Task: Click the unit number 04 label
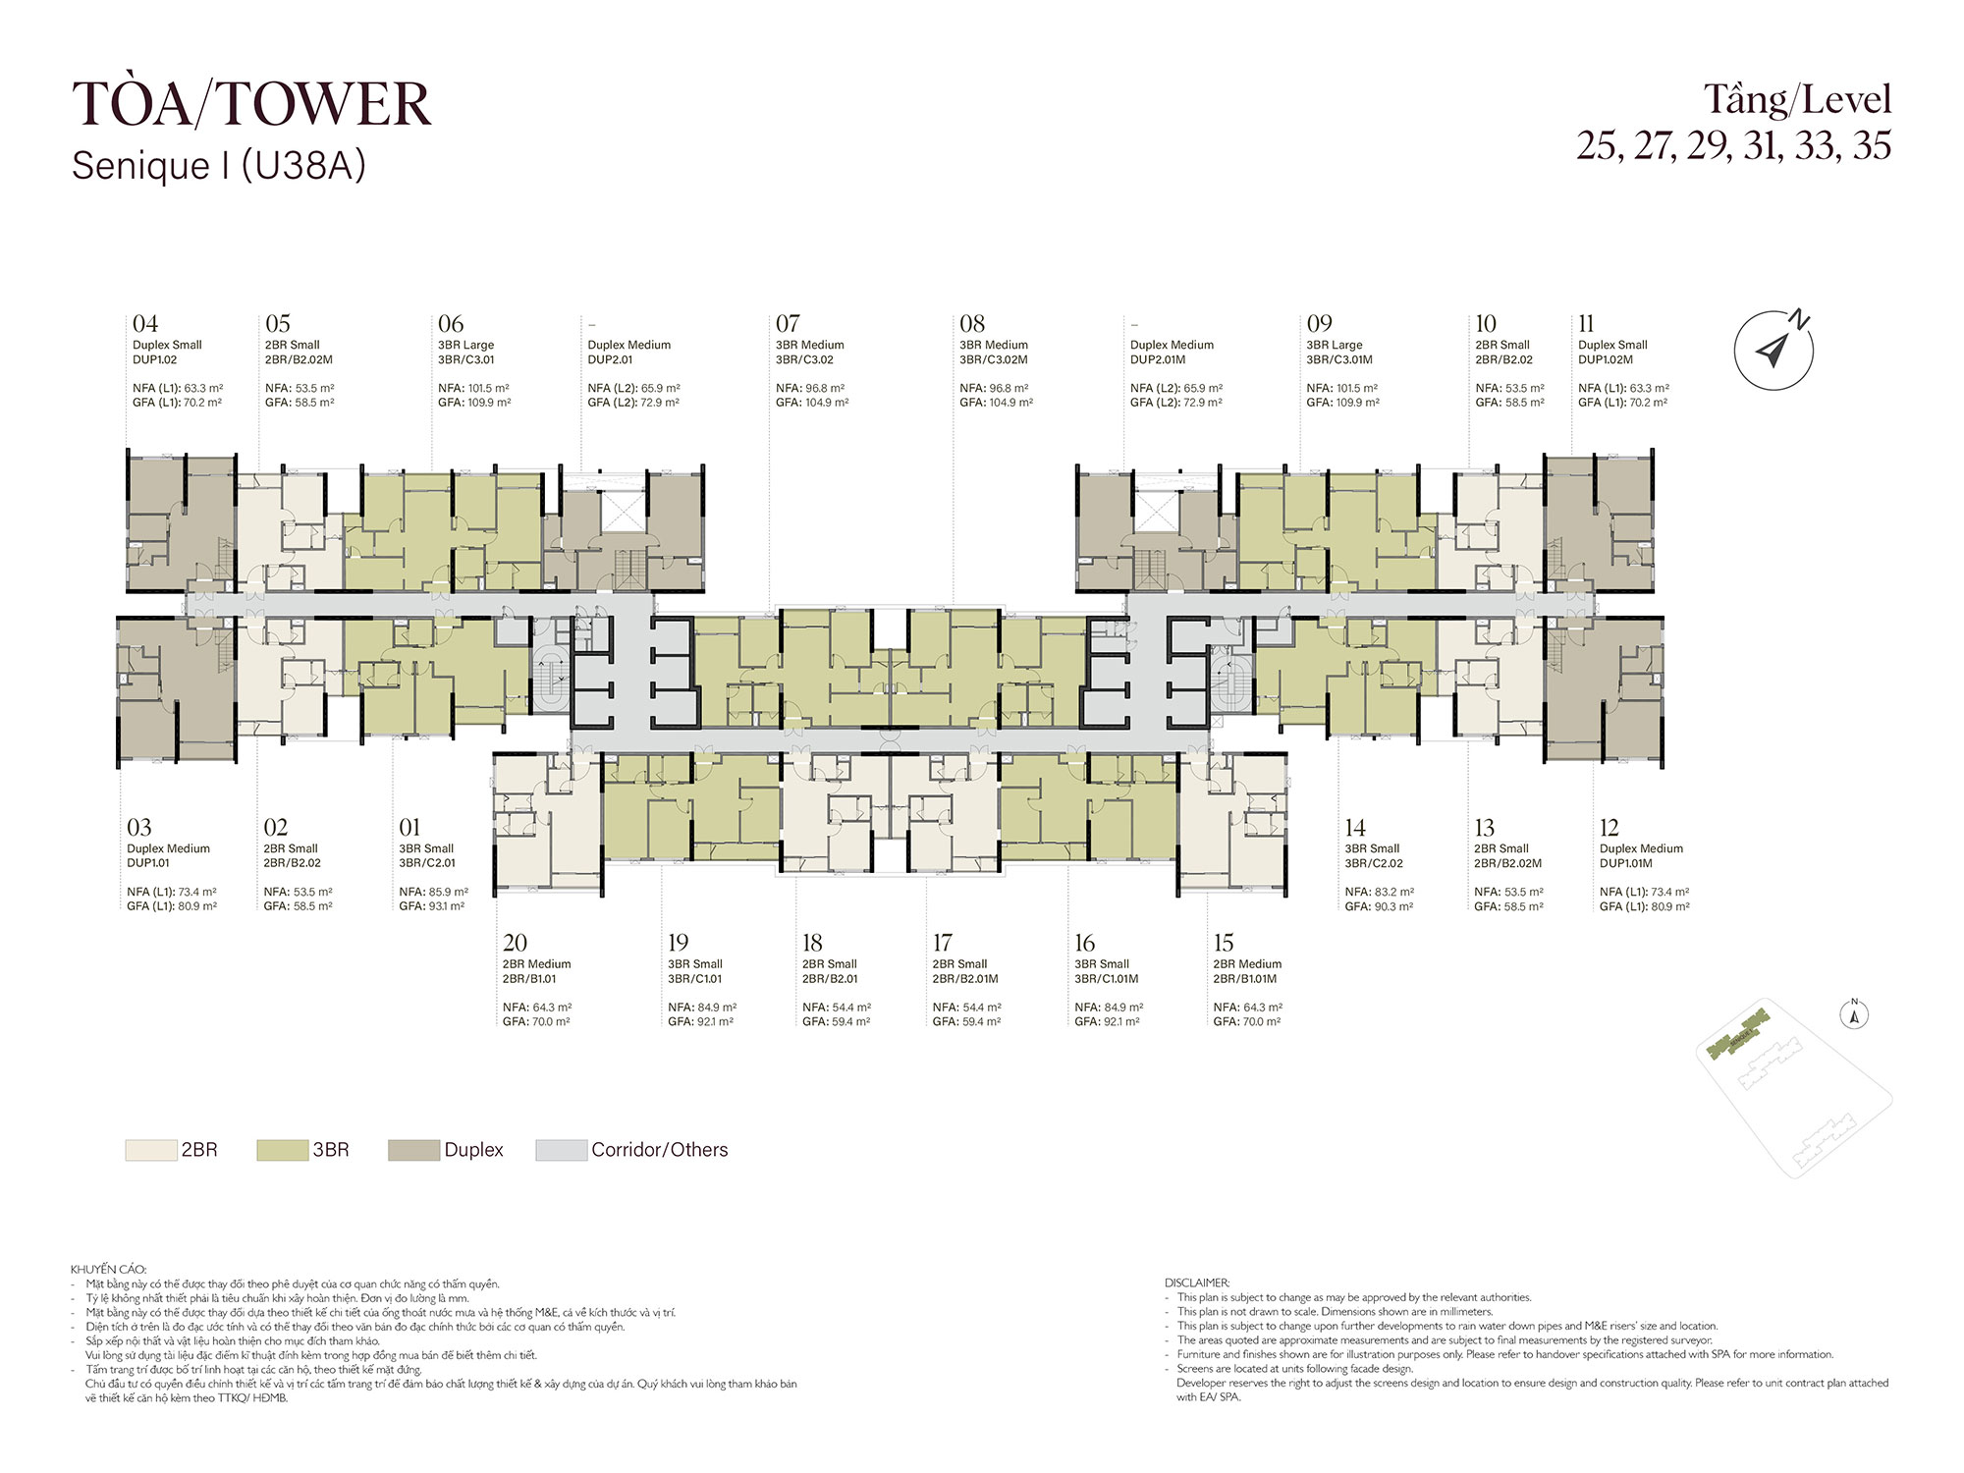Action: click(145, 324)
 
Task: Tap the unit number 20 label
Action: click(515, 943)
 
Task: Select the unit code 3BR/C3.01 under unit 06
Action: click(466, 359)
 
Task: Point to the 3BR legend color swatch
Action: click(282, 1150)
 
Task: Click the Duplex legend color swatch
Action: click(413, 1150)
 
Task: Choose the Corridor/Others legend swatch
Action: click(561, 1150)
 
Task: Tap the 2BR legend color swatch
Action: click(150, 1150)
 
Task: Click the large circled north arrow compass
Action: click(1773, 350)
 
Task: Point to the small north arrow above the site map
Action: click(1854, 1014)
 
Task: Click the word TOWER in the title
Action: click(323, 104)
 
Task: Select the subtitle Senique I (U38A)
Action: click(219, 166)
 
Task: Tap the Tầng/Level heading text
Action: click(1797, 100)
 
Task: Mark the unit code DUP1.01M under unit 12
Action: click(1626, 863)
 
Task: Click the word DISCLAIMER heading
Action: click(1197, 1282)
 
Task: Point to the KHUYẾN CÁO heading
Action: click(108, 1269)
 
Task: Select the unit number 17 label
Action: click(943, 943)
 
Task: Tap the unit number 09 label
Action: click(1320, 324)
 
